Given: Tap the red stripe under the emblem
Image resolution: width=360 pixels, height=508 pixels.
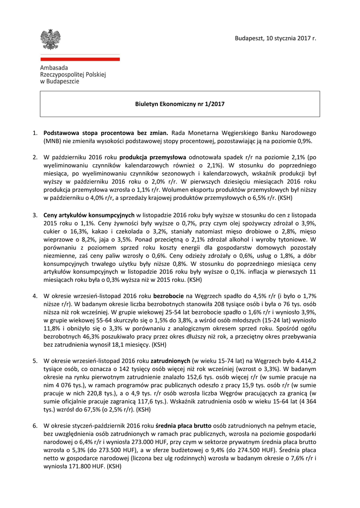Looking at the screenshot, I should (79, 59).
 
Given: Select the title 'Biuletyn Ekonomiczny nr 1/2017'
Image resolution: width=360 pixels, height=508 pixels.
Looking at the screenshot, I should (180, 104).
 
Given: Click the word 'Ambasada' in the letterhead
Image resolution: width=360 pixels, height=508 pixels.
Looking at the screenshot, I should (54, 67).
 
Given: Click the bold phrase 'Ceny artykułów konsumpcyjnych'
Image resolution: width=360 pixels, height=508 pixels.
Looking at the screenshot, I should (89, 215).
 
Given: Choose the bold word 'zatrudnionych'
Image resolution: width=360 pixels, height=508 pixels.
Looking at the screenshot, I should (171, 360).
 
